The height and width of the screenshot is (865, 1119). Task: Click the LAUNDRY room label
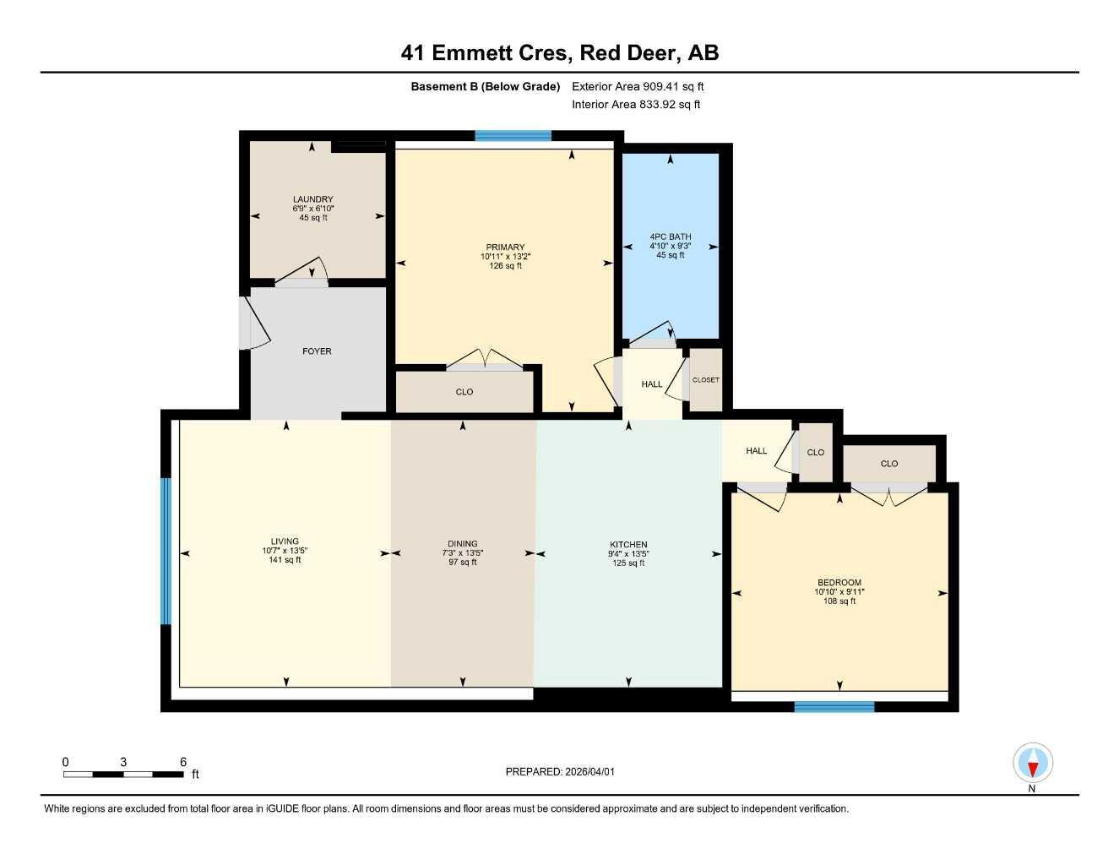click(x=312, y=200)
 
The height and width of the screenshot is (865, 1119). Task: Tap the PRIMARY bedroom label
click(x=505, y=248)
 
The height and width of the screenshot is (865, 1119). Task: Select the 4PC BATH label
click(x=670, y=237)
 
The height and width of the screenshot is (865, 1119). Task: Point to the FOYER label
click(x=318, y=351)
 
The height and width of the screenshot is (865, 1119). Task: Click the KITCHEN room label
click(x=628, y=545)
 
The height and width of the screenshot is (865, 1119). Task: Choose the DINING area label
click(x=463, y=544)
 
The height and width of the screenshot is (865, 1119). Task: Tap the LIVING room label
click(x=285, y=541)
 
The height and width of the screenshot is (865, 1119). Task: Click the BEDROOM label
click(x=839, y=583)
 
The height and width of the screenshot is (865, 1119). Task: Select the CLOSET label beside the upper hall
click(x=706, y=380)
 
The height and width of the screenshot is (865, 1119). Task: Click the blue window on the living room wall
click(x=166, y=551)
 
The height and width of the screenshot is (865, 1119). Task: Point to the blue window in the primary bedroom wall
click(x=513, y=135)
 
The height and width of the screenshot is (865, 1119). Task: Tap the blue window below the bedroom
click(x=834, y=707)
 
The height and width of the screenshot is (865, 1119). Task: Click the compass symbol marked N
click(x=1032, y=764)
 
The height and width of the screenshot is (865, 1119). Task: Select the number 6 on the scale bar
click(x=183, y=762)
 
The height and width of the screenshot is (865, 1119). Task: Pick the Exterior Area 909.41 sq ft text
click(x=638, y=86)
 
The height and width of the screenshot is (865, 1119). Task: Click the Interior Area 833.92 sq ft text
click(x=636, y=105)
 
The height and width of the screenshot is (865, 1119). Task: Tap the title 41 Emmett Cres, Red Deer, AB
click(x=560, y=53)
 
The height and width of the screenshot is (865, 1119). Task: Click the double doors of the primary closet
click(x=485, y=360)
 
